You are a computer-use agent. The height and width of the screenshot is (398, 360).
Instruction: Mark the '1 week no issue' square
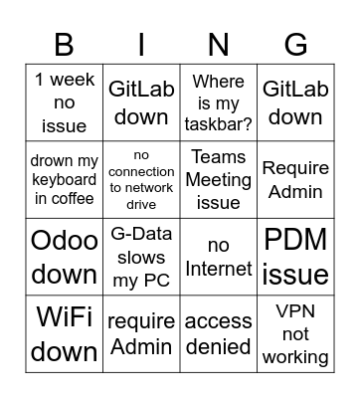[x=65, y=102]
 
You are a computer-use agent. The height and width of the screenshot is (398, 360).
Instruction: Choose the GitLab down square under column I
[x=141, y=102]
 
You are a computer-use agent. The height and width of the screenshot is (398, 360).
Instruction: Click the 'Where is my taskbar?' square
[x=219, y=102]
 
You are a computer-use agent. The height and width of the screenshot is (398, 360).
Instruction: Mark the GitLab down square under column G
[x=295, y=102]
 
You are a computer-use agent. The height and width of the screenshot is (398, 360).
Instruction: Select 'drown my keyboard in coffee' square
[x=65, y=180]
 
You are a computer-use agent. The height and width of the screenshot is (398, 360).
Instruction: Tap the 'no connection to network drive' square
[x=141, y=180]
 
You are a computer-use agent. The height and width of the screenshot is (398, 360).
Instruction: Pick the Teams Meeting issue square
[x=219, y=180]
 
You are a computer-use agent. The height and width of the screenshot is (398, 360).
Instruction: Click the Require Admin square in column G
[x=295, y=180]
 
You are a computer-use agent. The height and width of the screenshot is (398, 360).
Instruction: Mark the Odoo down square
[x=65, y=258]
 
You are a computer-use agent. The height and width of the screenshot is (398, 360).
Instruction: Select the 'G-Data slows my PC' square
[x=141, y=258]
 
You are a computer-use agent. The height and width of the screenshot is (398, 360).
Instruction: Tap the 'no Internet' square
[x=219, y=258]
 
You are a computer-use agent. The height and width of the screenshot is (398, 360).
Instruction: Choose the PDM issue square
[x=295, y=258]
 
